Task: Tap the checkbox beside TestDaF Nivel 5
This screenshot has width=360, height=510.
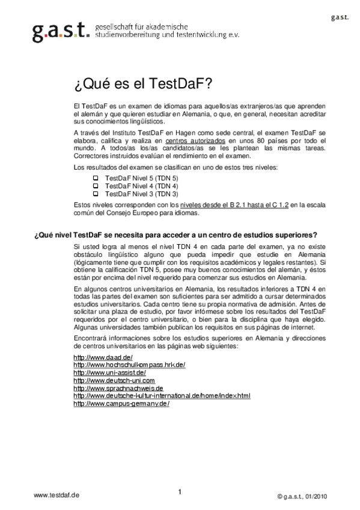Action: [95, 179]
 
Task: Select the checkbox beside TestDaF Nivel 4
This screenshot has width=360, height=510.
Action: [95, 186]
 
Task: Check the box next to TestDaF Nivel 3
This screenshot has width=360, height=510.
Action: [95, 194]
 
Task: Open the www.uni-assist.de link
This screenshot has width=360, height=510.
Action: [109, 373]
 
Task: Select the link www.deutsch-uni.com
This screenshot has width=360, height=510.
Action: [114, 381]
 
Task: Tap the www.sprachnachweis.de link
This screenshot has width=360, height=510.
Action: [118, 389]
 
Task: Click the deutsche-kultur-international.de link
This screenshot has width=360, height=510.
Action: [162, 396]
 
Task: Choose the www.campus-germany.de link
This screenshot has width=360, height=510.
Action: [121, 404]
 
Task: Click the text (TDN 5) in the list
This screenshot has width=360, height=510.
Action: [166, 179]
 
